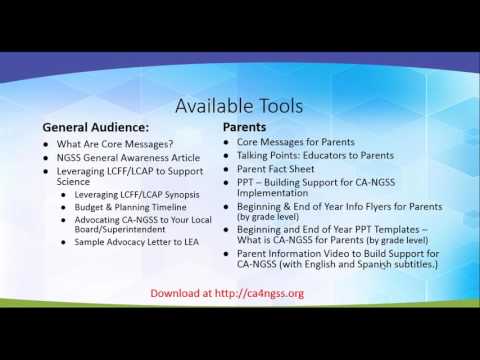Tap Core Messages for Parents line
pyautogui.click(x=289, y=144)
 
